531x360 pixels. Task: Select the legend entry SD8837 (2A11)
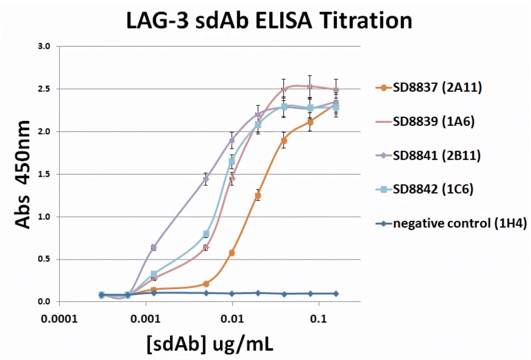click(x=437, y=87)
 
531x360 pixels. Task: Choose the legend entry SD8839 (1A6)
click(x=434, y=121)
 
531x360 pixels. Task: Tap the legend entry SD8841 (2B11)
click(x=436, y=155)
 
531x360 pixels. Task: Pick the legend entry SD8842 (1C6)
click(x=433, y=189)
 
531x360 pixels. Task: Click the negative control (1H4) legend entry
click(x=460, y=224)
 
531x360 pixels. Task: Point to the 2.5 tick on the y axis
click(x=44, y=89)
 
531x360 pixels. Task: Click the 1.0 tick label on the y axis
click(x=44, y=217)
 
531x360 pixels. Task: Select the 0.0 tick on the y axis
click(x=44, y=302)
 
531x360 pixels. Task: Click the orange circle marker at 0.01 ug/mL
click(x=232, y=253)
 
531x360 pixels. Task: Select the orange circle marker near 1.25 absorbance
click(x=258, y=196)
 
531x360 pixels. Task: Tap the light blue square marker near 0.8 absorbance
click(x=206, y=234)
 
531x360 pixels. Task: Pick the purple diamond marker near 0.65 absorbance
click(x=154, y=247)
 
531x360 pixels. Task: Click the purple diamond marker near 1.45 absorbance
click(x=206, y=179)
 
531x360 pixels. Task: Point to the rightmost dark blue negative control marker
click(x=336, y=294)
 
